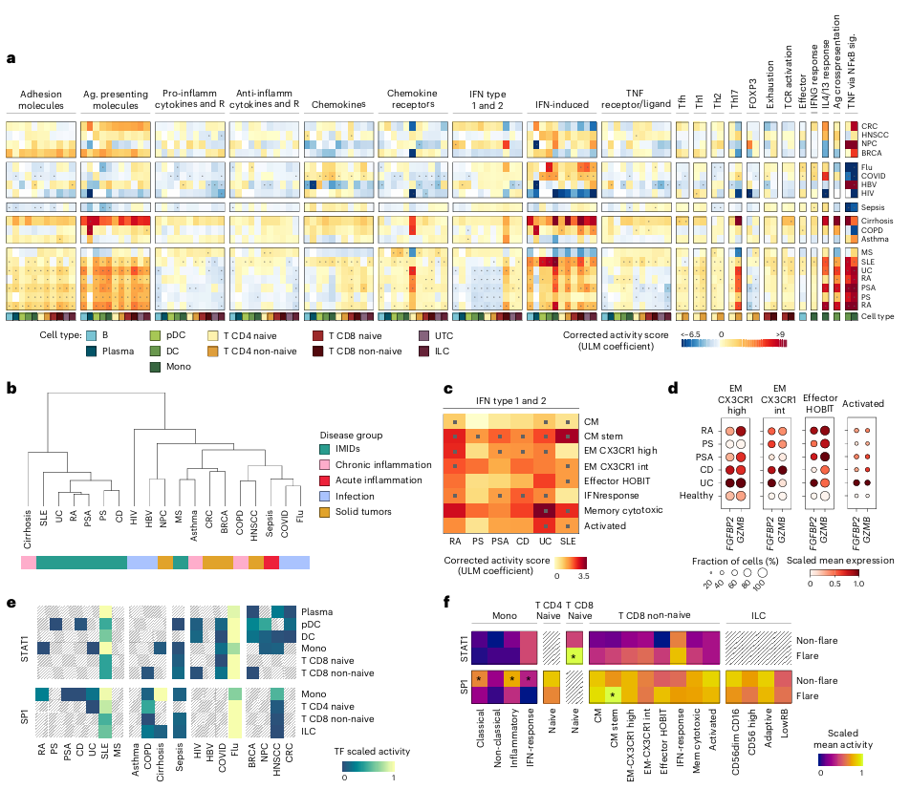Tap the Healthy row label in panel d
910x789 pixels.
[698, 496]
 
